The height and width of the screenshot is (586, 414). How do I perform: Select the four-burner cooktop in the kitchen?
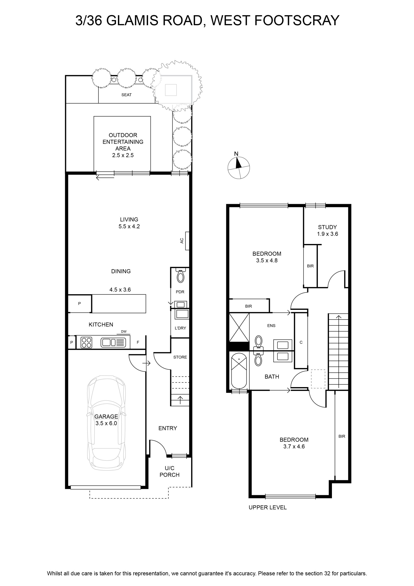pos(86,342)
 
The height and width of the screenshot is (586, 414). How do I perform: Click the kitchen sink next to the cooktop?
pos(113,342)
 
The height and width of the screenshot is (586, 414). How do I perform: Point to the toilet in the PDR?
pos(181,275)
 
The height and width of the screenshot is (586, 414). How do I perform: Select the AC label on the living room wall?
pos(182,240)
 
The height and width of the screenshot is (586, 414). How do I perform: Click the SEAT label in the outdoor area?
pos(126,95)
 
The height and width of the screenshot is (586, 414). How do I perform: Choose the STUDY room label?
pos(327,227)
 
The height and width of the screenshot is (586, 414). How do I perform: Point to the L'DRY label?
pos(180,328)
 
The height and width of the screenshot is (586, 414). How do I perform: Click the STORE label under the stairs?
pos(180,357)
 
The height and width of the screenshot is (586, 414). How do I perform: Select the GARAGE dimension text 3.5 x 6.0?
pos(106,423)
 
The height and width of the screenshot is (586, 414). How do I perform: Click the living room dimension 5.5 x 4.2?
pos(129,226)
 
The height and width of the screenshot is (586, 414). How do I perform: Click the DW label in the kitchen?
pos(124,331)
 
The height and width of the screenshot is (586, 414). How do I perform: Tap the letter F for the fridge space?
pos(138,342)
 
